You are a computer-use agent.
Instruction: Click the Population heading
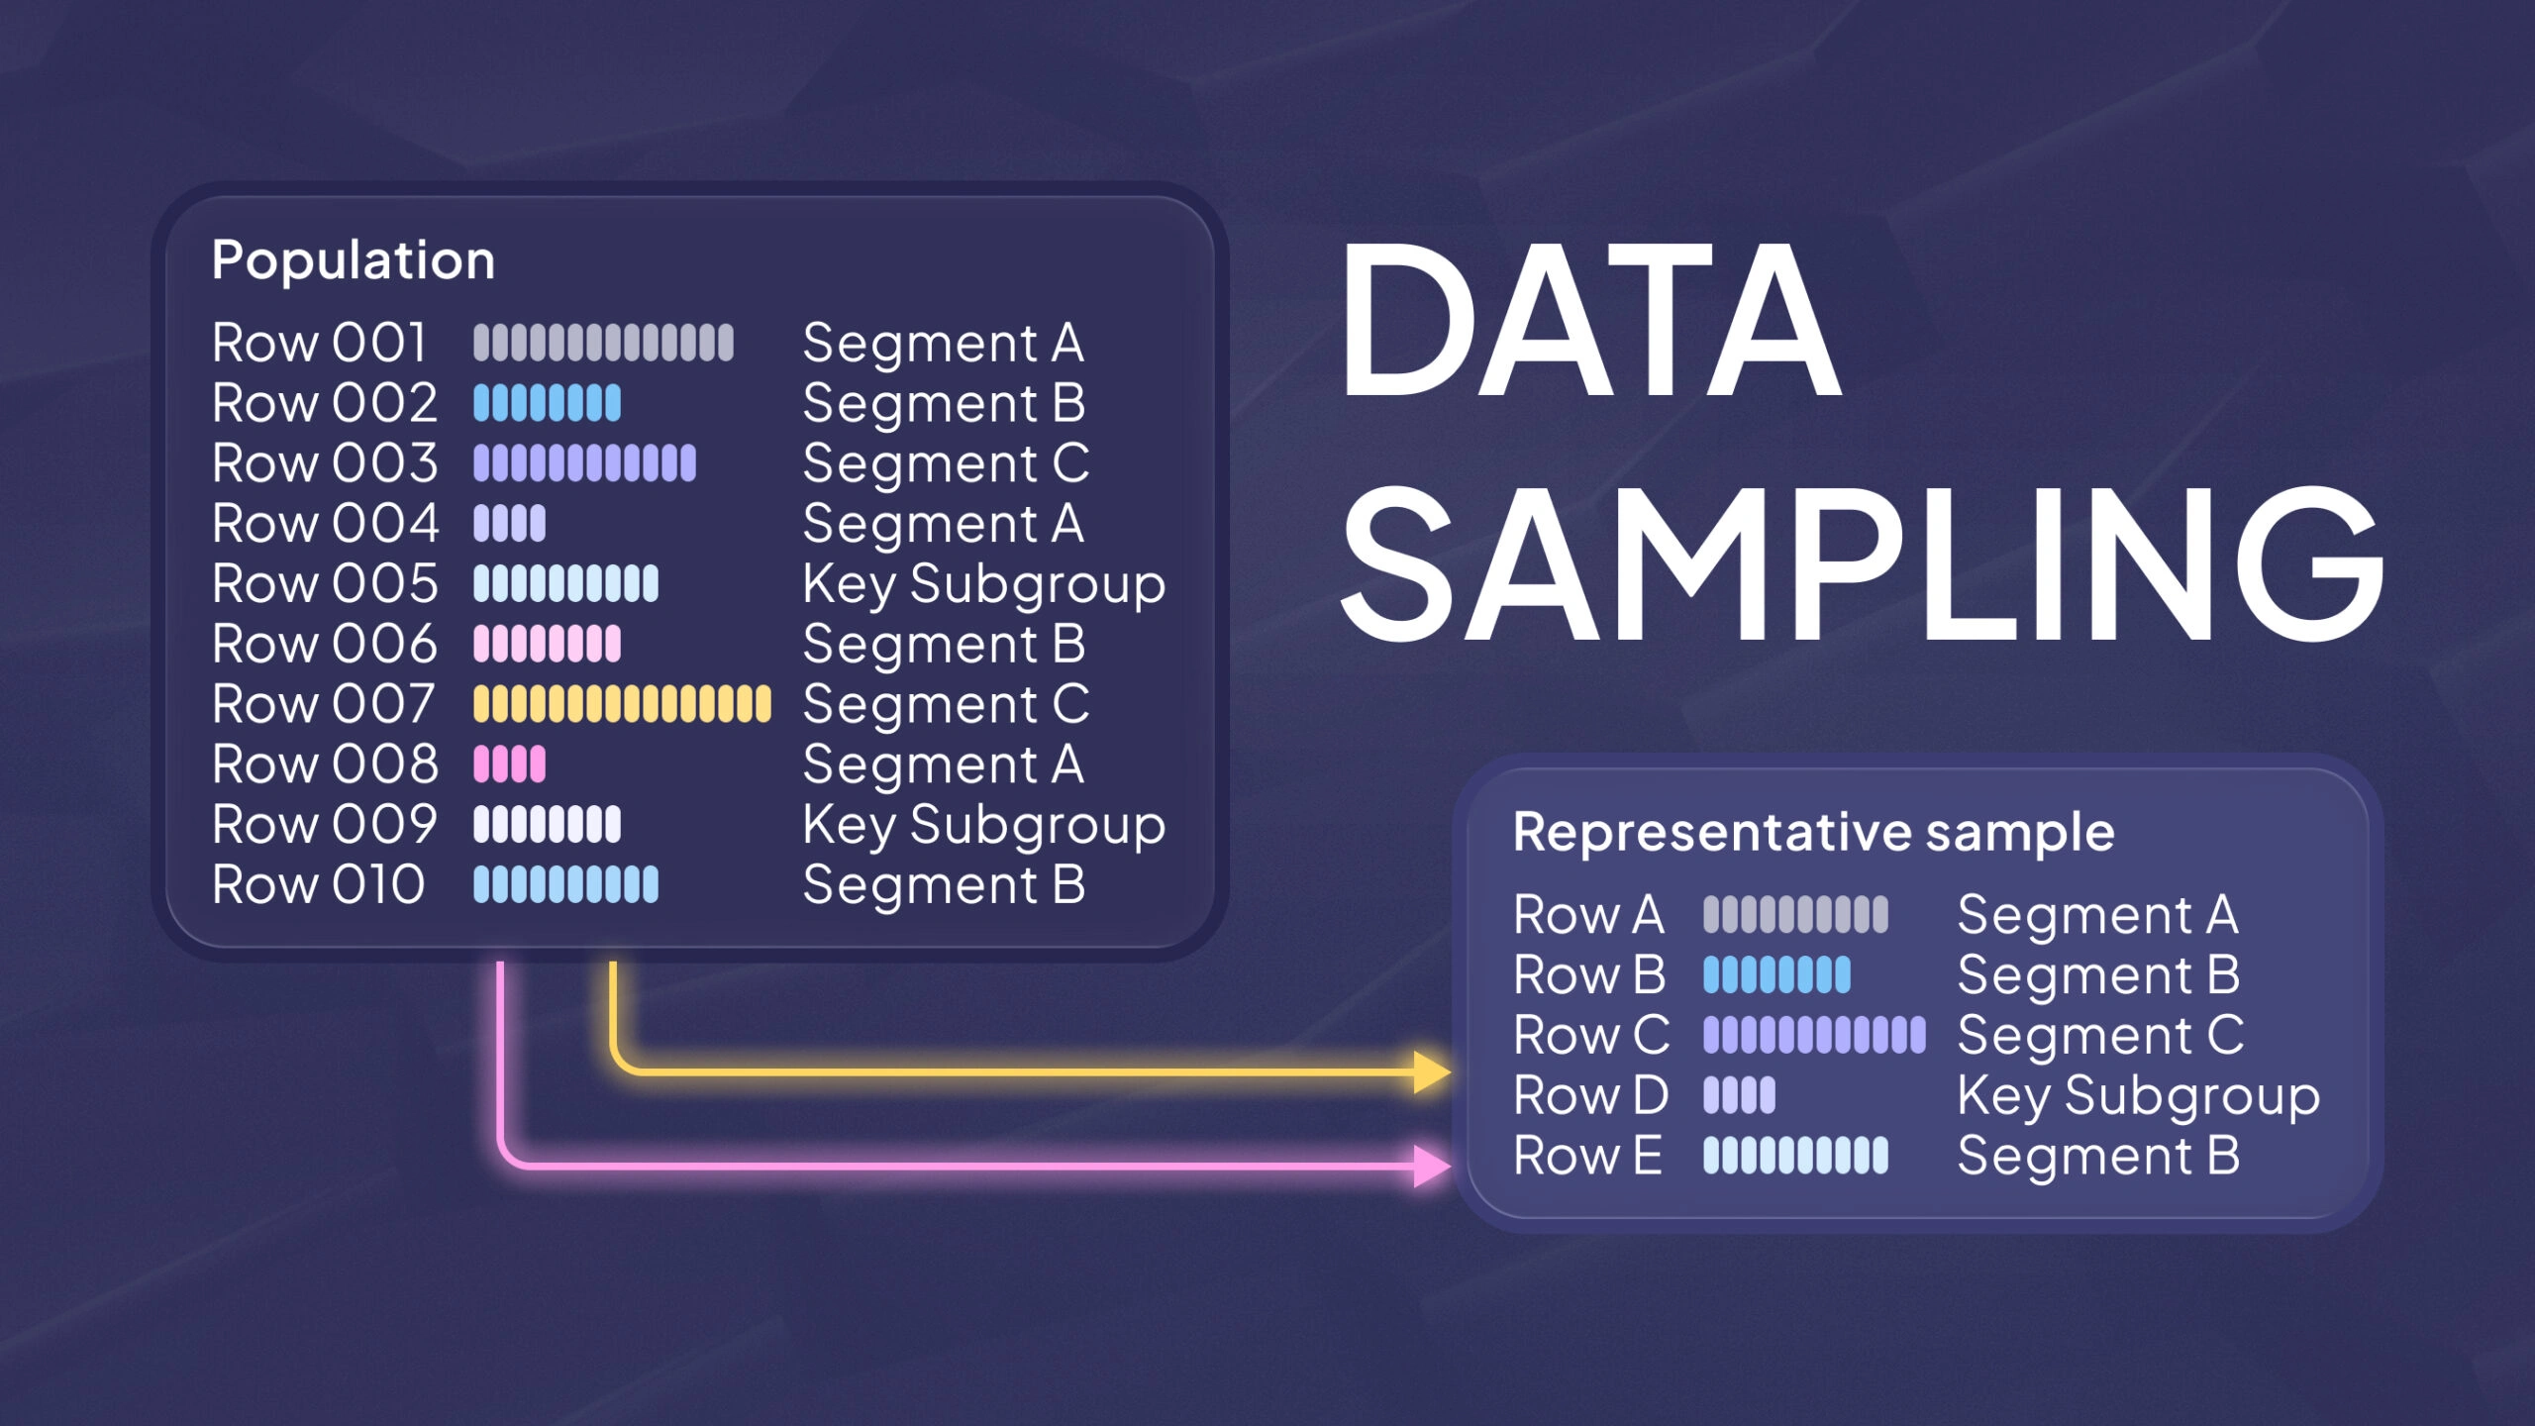point(353,260)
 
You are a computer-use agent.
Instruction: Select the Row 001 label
point(319,343)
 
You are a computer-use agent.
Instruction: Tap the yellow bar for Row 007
point(621,704)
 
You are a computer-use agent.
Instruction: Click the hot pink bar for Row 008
point(509,764)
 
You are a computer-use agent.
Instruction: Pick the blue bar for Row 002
point(547,403)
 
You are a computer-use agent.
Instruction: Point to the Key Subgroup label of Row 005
point(983,584)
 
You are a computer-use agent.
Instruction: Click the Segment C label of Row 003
point(946,463)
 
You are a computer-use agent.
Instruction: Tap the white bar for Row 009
point(547,824)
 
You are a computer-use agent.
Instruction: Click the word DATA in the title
point(1589,320)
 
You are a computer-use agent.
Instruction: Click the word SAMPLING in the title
point(1862,564)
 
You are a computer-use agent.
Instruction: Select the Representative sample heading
point(1813,831)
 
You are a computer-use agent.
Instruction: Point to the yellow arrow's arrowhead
point(1432,1072)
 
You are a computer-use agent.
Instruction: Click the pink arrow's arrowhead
point(1432,1166)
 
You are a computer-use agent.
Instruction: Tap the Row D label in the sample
point(1590,1095)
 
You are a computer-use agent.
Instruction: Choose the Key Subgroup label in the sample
point(2138,1096)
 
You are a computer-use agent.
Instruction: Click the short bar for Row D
point(1739,1095)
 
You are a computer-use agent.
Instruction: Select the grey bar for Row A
point(1795,914)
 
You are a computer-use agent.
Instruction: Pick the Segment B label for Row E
point(2098,1156)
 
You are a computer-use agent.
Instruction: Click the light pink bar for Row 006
point(547,644)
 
